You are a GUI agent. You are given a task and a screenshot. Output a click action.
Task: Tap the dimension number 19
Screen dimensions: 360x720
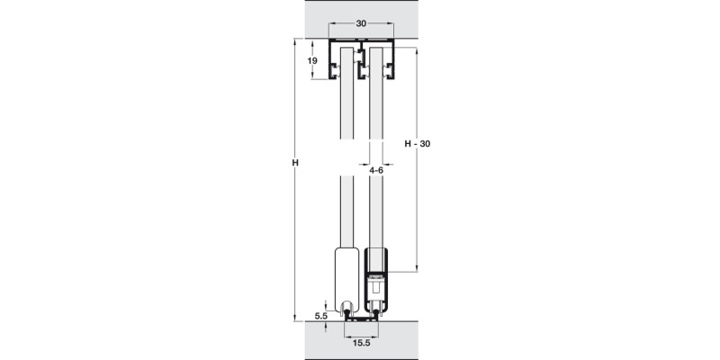tap(312, 61)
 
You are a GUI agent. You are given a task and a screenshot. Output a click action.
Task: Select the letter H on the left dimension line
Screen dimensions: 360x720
tap(294, 163)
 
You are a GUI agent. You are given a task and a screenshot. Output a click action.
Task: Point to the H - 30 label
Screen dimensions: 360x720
tap(418, 143)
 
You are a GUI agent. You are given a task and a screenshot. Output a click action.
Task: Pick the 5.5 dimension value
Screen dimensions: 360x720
tap(321, 315)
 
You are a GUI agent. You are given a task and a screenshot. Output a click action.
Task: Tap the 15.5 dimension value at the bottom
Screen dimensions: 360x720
tap(362, 343)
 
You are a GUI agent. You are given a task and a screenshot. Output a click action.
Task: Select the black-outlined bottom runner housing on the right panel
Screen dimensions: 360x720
tap(376, 283)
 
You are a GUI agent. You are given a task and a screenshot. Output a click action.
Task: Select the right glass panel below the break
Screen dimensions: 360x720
tap(376, 216)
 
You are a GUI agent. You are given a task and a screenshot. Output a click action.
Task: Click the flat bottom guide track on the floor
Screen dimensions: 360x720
tap(362, 319)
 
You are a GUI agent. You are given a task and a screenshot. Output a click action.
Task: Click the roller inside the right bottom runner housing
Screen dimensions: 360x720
tap(376, 292)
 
